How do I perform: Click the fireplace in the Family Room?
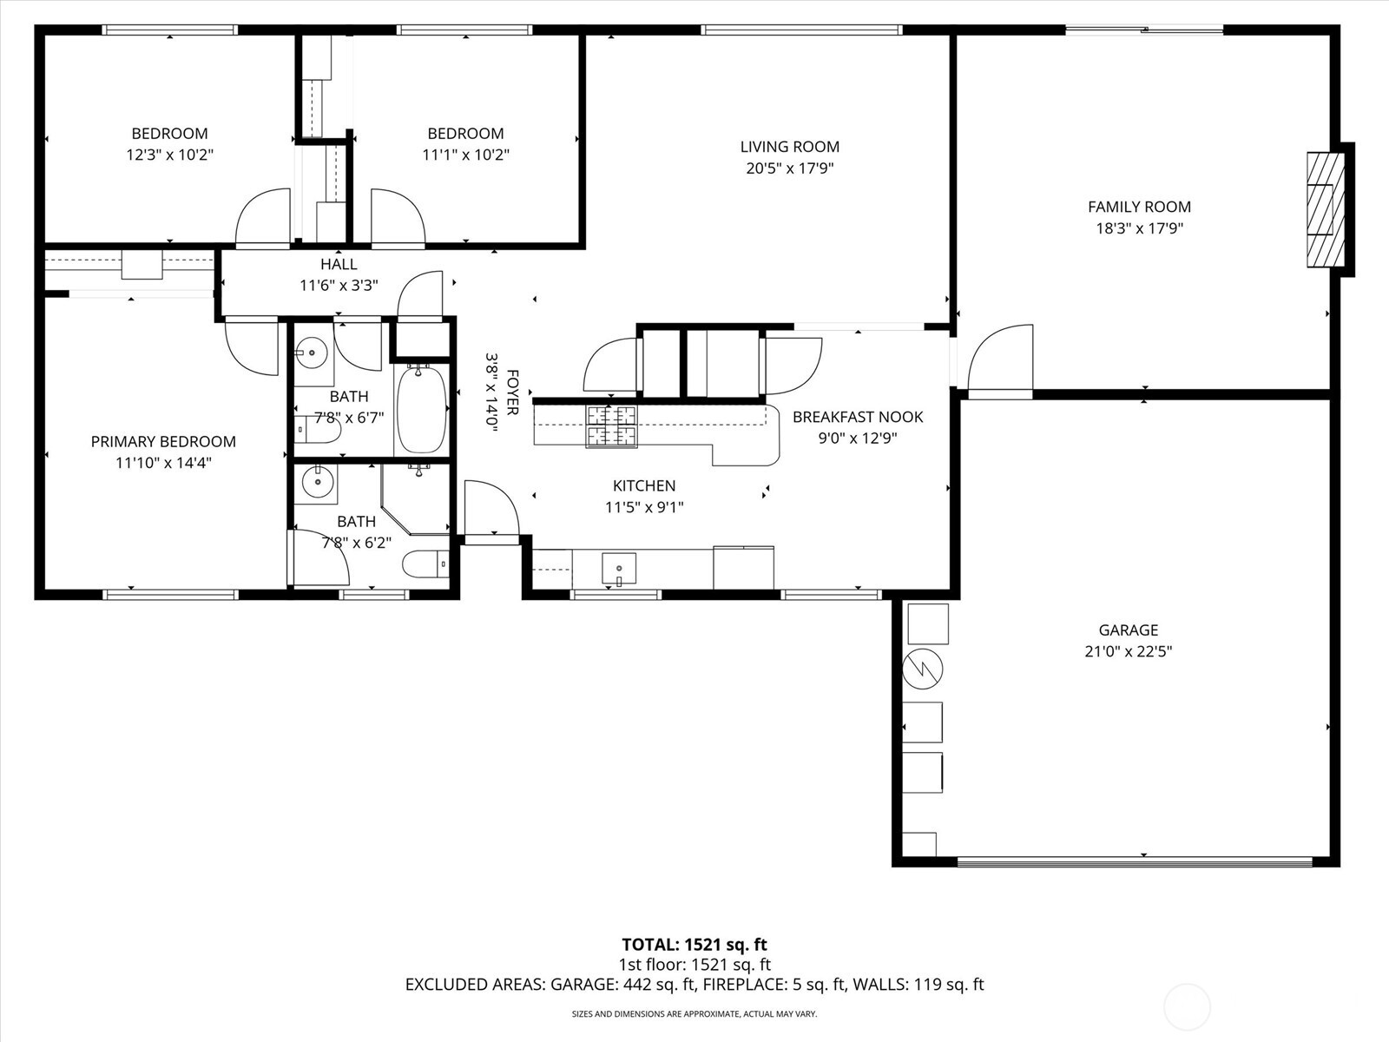click(x=1325, y=210)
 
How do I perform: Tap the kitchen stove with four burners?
click(x=611, y=426)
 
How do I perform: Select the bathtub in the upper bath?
click(x=422, y=409)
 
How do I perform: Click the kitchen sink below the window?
click(x=619, y=569)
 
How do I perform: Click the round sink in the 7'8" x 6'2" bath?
click(x=318, y=483)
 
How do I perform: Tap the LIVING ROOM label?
click(x=789, y=147)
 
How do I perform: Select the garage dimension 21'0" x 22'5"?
click(x=1128, y=652)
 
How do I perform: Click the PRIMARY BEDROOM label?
click(x=163, y=442)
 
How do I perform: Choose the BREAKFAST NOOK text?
click(x=857, y=417)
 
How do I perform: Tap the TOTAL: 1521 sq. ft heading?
click(x=694, y=945)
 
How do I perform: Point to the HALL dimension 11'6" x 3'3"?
click(x=339, y=285)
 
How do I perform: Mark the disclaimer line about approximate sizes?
click(x=694, y=1013)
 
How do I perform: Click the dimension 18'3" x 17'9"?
click(x=1139, y=229)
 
